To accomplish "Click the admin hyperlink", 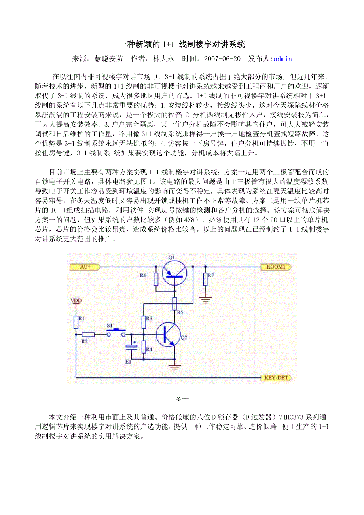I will pos(282,59).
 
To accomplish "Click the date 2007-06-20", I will pos(222,59).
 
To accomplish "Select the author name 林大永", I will pos(163,59).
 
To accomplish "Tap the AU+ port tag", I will pos(85,267).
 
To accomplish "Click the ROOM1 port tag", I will pos(276,267).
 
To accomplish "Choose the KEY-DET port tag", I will pos(276,378).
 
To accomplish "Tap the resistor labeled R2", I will pos(88,334).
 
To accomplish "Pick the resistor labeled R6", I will pos(156,279).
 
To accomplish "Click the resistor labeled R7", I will pos(205,279).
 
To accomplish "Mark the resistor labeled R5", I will pos(174,303).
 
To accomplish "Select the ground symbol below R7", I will pos(205,299).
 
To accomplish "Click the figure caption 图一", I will pos(182,399).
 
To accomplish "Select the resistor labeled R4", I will pos(144,347).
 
